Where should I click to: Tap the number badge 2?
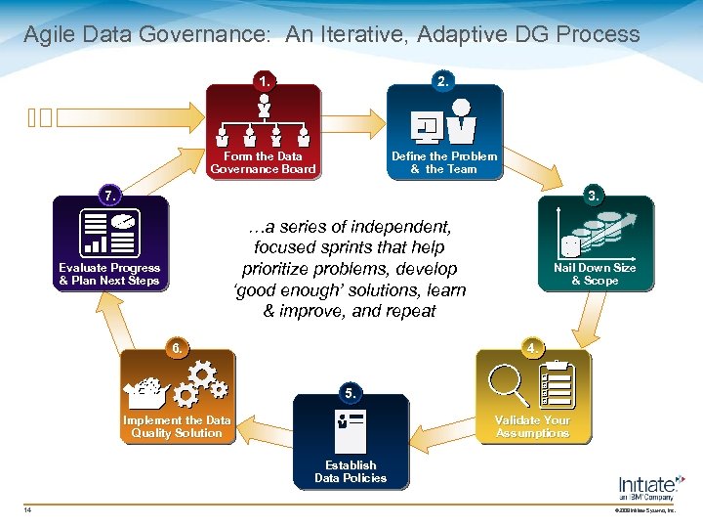pyautogui.click(x=443, y=81)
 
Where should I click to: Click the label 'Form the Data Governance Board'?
pyautogui.click(x=264, y=162)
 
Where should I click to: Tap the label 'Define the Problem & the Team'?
pyautogui.click(x=444, y=162)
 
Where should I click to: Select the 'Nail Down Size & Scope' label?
pyautogui.click(x=595, y=274)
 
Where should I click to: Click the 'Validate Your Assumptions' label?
pyautogui.click(x=532, y=426)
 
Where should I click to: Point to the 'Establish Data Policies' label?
pyautogui.click(x=351, y=471)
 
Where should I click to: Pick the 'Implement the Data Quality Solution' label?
pyautogui.click(x=177, y=426)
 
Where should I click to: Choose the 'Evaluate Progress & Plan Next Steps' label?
pyautogui.click(x=109, y=274)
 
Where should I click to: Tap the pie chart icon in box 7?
pyautogui.click(x=122, y=224)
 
